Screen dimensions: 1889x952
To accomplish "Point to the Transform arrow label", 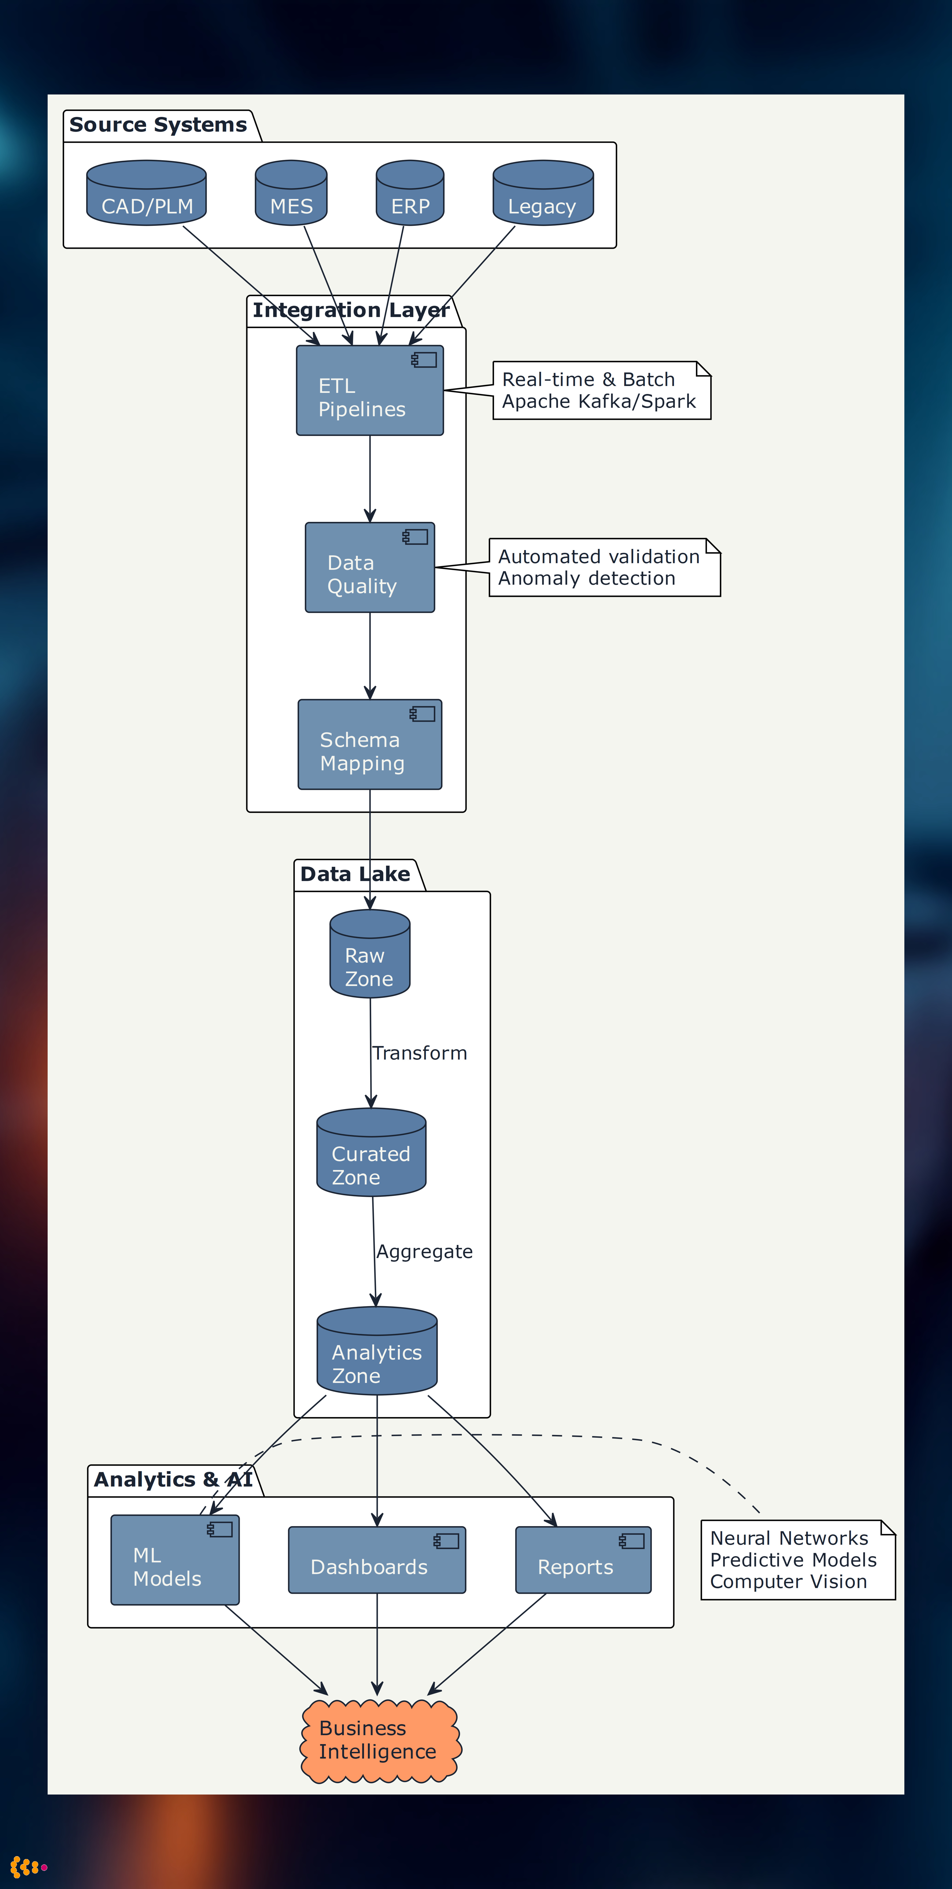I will point(420,1053).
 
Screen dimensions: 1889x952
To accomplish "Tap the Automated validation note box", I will point(604,568).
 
